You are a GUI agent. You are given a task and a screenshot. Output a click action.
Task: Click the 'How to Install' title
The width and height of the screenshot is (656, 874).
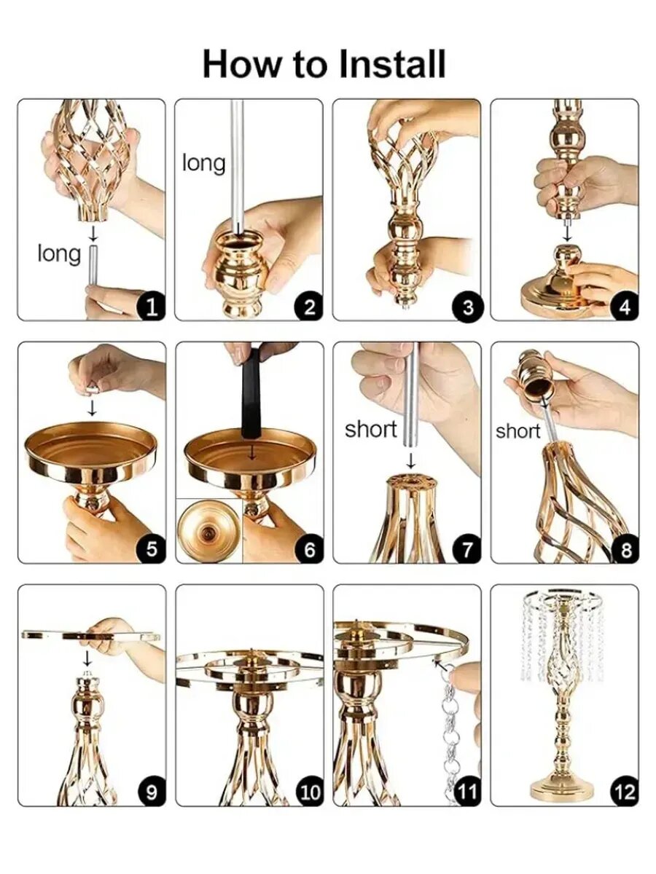click(324, 63)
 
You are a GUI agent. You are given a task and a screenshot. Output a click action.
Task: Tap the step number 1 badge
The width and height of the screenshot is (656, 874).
click(151, 308)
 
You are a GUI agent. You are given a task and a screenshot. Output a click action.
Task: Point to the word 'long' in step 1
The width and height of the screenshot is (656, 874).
click(59, 253)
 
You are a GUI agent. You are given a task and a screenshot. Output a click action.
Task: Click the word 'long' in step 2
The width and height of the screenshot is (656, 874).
click(203, 163)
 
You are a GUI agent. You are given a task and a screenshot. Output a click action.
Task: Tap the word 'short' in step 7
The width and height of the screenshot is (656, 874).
click(371, 429)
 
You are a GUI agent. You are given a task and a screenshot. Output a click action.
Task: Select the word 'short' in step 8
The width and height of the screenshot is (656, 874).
click(518, 431)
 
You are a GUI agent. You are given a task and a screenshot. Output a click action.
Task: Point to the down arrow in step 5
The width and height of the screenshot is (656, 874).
click(92, 408)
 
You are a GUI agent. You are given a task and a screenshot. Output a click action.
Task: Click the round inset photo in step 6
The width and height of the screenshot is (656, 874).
click(209, 530)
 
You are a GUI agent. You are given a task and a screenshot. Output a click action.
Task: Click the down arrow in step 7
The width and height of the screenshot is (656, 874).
click(410, 460)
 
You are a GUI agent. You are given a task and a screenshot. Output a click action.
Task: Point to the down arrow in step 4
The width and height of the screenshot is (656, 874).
click(567, 233)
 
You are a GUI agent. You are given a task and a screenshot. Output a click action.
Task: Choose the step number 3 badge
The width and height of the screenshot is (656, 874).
click(468, 308)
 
